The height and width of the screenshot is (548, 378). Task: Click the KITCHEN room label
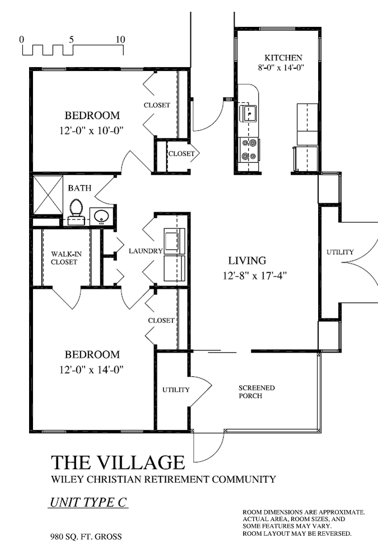click(283, 58)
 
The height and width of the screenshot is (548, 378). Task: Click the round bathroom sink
click(101, 216)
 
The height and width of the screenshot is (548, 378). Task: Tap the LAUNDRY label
click(145, 251)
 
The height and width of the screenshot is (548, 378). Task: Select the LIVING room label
click(246, 260)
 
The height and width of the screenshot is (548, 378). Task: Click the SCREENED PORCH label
click(256, 392)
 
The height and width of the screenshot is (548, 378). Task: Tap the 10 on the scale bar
click(120, 40)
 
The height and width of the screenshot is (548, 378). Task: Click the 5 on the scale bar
click(71, 40)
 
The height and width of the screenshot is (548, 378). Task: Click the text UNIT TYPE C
click(88, 502)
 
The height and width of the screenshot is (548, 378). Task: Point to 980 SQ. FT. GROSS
click(86, 536)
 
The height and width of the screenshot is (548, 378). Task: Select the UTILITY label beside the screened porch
click(176, 390)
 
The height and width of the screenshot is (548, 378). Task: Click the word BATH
click(80, 188)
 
